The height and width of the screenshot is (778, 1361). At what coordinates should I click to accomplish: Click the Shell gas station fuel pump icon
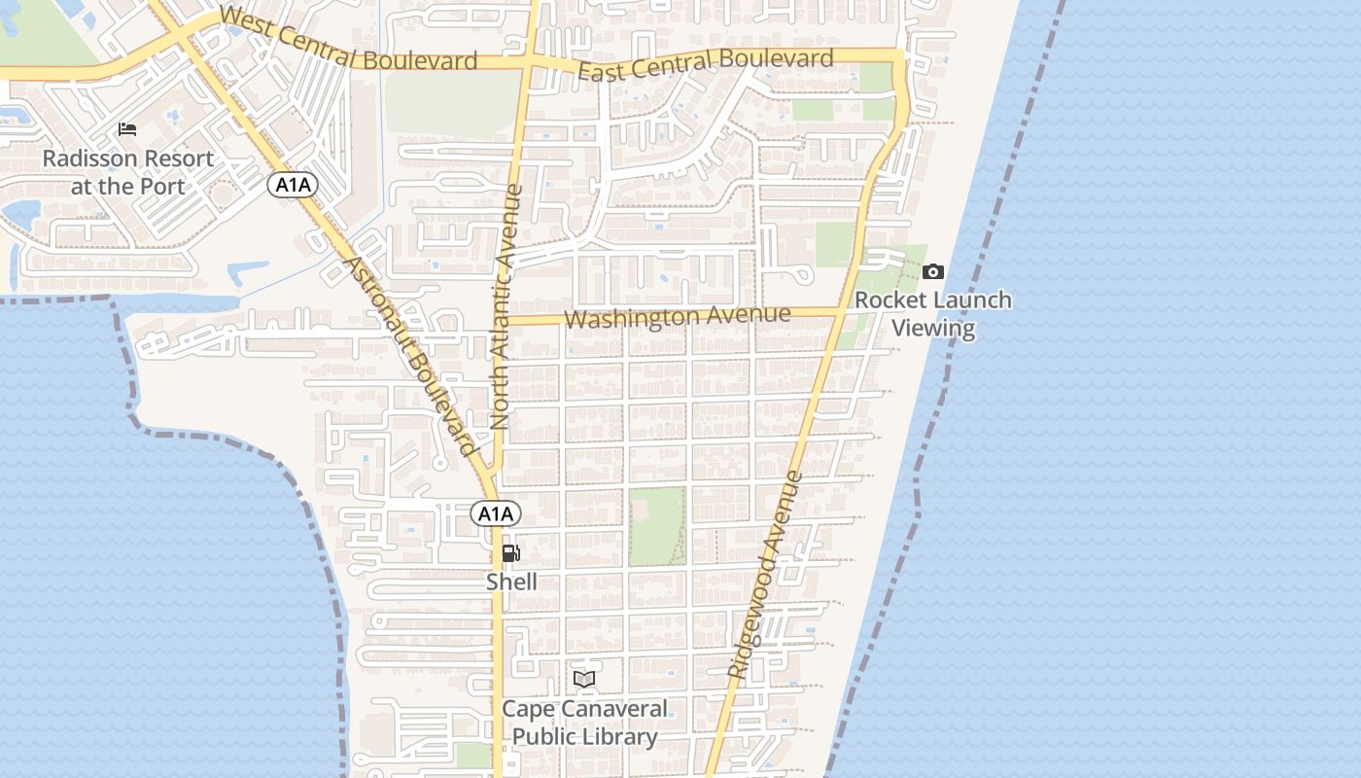[x=510, y=553]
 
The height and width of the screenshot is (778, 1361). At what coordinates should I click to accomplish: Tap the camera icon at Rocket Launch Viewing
[x=933, y=271]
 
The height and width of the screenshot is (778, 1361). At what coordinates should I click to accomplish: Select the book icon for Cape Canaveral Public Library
[x=584, y=679]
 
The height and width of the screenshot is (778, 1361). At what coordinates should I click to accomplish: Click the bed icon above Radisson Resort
[x=127, y=129]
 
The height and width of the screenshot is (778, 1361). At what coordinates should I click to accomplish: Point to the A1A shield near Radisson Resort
[x=293, y=185]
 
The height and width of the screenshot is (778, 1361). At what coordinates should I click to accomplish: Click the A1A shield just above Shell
[x=496, y=513]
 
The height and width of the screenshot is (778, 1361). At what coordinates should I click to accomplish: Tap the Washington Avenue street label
[x=677, y=316]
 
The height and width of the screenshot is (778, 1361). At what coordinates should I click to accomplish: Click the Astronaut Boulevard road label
[x=411, y=357]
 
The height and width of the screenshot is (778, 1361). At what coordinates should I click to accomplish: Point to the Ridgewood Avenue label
[x=766, y=575]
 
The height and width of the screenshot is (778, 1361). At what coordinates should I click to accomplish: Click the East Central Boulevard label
[x=706, y=64]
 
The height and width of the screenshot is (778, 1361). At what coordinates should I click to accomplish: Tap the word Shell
[x=511, y=582]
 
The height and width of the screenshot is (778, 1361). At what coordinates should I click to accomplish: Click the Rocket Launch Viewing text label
[x=933, y=313]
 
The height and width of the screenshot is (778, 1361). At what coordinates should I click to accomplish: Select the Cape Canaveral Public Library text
[x=584, y=723]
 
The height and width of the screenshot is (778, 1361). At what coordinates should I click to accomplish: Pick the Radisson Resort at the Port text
[x=127, y=171]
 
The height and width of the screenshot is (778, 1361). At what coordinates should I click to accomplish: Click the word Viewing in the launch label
[x=933, y=328]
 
